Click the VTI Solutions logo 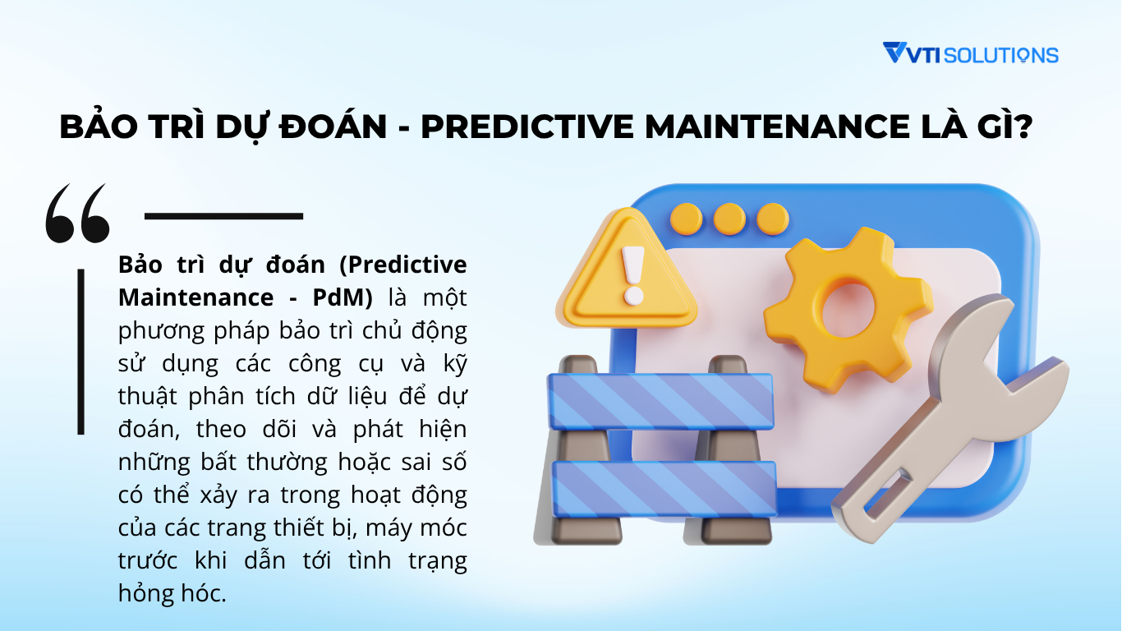(x=970, y=54)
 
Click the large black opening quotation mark (x=77, y=213)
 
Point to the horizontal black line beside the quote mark (x=223, y=216)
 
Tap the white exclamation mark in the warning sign (x=632, y=272)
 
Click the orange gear (x=848, y=308)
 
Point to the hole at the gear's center (x=848, y=306)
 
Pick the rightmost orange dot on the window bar (x=772, y=219)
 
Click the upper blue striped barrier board (x=661, y=401)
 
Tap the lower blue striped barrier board (x=664, y=488)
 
